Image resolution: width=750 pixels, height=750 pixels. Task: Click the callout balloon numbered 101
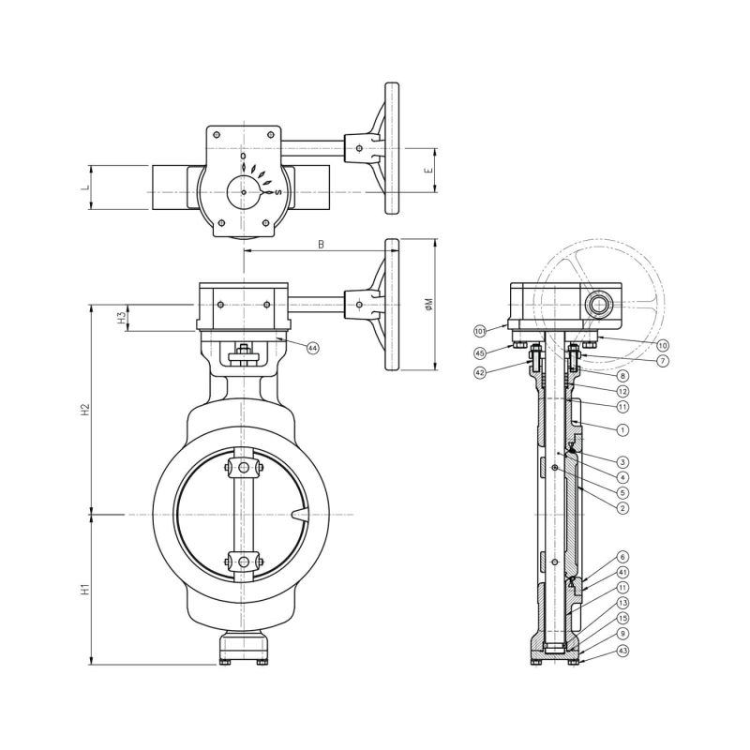coord(478,331)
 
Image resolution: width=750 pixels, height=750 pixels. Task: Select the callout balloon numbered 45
coord(479,352)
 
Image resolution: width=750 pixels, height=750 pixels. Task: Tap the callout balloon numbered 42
coord(479,372)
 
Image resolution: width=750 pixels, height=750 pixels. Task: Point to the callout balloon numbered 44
coord(312,348)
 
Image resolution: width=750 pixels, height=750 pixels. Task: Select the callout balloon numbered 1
coord(622,429)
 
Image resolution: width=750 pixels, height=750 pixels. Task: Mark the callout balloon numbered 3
coord(622,461)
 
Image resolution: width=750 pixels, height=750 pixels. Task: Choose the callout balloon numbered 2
coord(622,507)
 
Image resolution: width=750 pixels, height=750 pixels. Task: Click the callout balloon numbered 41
coord(622,571)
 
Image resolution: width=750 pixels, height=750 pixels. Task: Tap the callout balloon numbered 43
coord(622,651)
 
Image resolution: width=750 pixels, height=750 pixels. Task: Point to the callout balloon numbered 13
coord(622,603)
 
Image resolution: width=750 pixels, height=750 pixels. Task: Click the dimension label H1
coord(85,590)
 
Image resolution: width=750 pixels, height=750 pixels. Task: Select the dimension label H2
coord(85,409)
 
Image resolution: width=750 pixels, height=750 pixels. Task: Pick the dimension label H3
coord(122,318)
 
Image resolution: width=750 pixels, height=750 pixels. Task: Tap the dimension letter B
coord(321,245)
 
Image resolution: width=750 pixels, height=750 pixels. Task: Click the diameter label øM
coord(427,304)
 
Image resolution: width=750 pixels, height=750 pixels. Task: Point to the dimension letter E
coord(427,172)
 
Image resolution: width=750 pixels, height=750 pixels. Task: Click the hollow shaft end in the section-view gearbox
coord(596,305)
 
